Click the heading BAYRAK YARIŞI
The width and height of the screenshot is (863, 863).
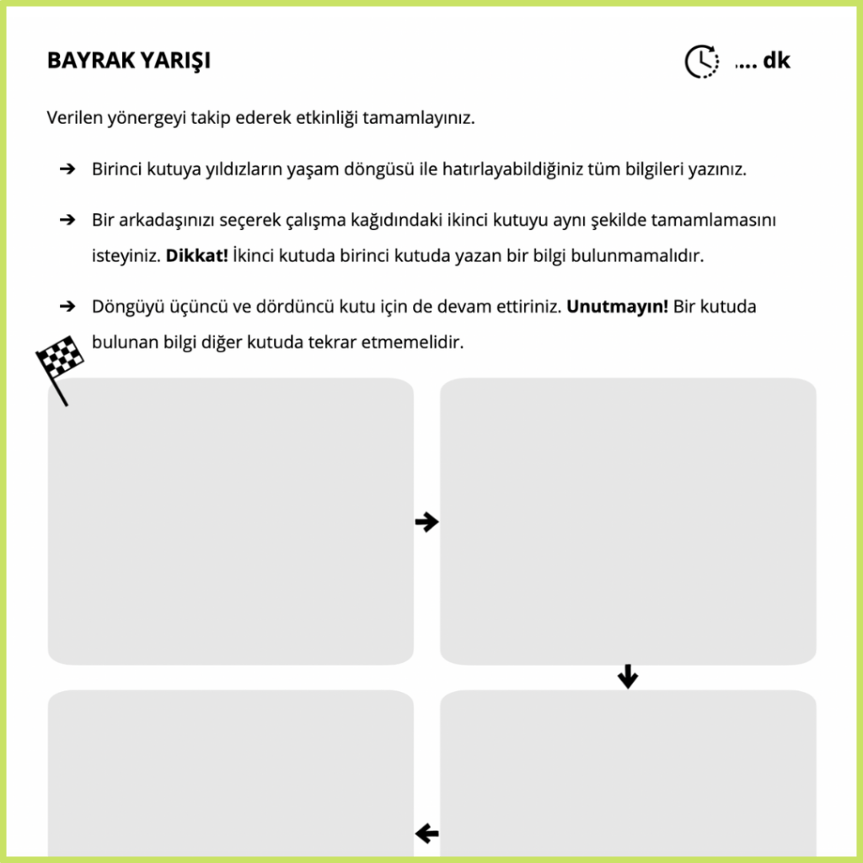pyautogui.click(x=129, y=61)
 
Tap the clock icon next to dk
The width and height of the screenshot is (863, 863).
pyautogui.click(x=701, y=61)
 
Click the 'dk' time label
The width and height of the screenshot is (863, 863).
pyautogui.click(x=776, y=61)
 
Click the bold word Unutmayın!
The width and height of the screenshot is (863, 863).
pyautogui.click(x=617, y=307)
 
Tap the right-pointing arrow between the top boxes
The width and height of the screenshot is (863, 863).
pyautogui.click(x=427, y=523)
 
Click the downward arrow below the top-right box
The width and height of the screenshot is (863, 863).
pyautogui.click(x=628, y=676)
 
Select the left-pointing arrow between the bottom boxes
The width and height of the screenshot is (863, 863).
pyautogui.click(x=427, y=834)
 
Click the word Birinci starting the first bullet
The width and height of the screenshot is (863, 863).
pyautogui.click(x=116, y=169)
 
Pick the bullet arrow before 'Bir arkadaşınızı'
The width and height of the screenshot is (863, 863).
pyautogui.click(x=68, y=220)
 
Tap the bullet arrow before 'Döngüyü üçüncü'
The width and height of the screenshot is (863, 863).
pyautogui.click(x=68, y=307)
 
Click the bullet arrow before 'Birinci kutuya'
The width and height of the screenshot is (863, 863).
pyautogui.click(x=68, y=169)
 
